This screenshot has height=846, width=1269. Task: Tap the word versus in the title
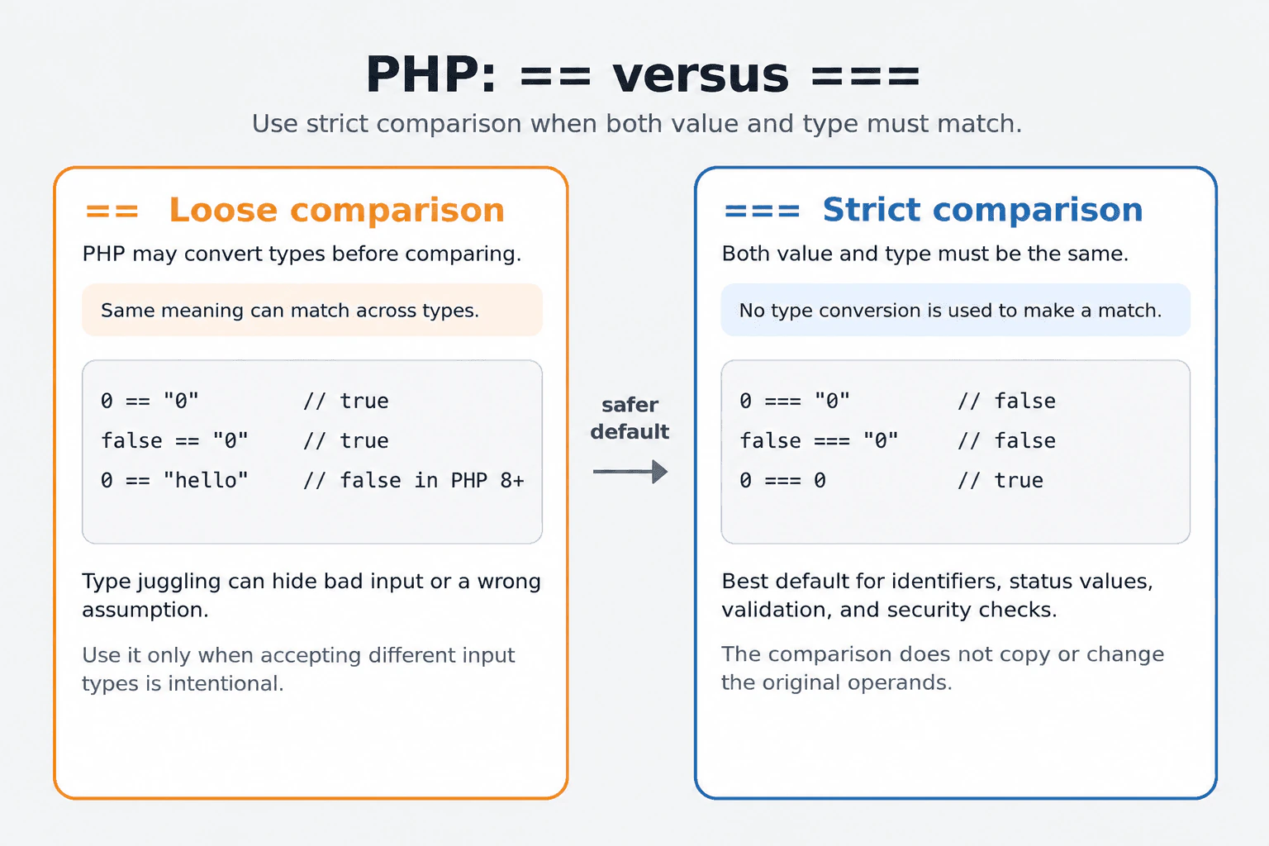click(701, 76)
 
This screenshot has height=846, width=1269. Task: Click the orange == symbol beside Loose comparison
click(112, 211)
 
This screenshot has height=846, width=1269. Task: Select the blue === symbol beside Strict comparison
click(762, 211)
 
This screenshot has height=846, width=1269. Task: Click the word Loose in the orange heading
click(223, 210)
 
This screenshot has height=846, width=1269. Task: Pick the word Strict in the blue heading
click(872, 210)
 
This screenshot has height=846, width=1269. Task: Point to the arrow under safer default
click(630, 472)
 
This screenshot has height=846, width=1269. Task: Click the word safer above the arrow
click(630, 405)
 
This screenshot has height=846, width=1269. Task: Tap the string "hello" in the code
click(206, 480)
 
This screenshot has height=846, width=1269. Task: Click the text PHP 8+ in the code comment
click(487, 481)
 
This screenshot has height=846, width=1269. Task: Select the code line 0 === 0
click(782, 481)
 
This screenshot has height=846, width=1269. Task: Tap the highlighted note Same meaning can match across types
click(290, 311)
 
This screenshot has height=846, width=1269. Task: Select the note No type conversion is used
click(951, 311)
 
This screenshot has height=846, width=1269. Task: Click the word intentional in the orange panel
click(226, 683)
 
